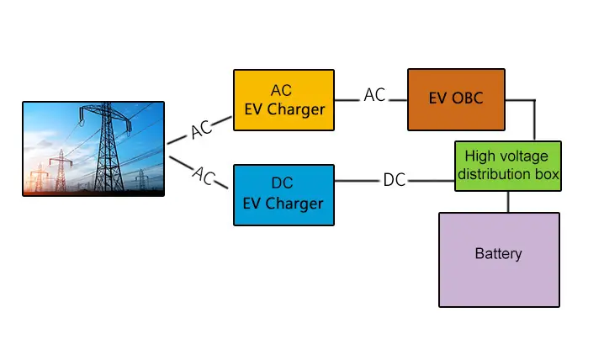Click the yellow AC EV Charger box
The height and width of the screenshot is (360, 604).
pyautogui.click(x=283, y=100)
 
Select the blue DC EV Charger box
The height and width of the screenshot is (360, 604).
pyautogui.click(x=283, y=194)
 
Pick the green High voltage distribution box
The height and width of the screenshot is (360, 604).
pyautogui.click(x=507, y=167)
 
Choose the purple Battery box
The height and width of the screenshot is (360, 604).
pyautogui.click(x=499, y=259)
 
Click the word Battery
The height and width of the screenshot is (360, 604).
pyautogui.click(x=499, y=253)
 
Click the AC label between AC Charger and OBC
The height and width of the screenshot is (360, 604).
pyautogui.click(x=374, y=95)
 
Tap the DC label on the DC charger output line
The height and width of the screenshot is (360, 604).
pyautogui.click(x=394, y=180)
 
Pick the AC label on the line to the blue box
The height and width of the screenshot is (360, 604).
pyautogui.click(x=204, y=176)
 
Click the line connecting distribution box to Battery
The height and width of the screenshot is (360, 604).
pyautogui.click(x=507, y=202)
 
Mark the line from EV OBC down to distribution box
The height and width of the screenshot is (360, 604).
pyautogui.click(x=533, y=122)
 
